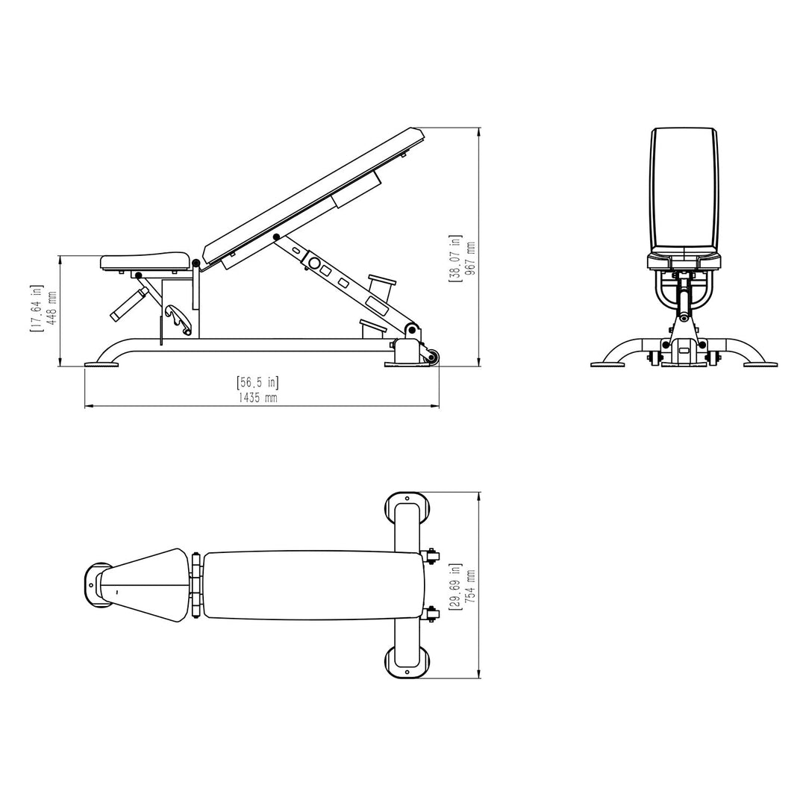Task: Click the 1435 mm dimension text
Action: pyautogui.click(x=257, y=398)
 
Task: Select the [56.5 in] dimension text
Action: pyautogui.click(x=257, y=383)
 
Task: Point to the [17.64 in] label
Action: pyautogui.click(x=36, y=308)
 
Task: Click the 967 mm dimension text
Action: pyautogui.click(x=469, y=259)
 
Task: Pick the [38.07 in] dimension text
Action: pyautogui.click(x=454, y=258)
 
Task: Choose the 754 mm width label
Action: pyautogui.click(x=469, y=587)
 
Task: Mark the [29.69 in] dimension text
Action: pyautogui.click(x=454, y=587)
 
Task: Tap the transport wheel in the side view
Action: pyautogui.click(x=431, y=357)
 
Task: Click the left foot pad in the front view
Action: pyautogui.click(x=607, y=364)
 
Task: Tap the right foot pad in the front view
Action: pyautogui.click(x=760, y=364)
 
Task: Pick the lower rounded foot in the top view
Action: pyautogui.click(x=407, y=662)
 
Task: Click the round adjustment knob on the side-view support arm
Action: pyautogui.click(x=315, y=263)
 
